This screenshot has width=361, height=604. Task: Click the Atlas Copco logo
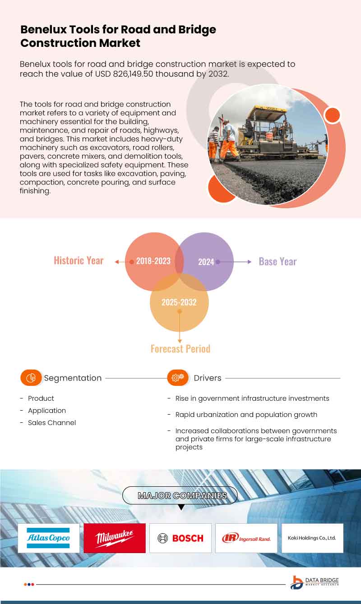click(48, 538)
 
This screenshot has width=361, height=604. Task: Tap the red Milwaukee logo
click(115, 538)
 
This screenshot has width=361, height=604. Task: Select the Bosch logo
click(180, 538)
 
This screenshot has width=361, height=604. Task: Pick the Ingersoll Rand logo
click(246, 538)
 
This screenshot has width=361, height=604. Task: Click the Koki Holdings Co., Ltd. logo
click(312, 538)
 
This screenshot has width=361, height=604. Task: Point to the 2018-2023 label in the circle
click(153, 261)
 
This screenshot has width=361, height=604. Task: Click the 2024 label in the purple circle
click(206, 262)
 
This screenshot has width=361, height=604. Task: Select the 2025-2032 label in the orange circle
click(179, 302)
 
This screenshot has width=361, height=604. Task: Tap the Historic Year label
click(79, 261)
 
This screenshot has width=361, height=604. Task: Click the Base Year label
click(278, 261)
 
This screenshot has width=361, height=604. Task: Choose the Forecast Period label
click(180, 348)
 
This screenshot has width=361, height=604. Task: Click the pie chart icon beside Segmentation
click(31, 378)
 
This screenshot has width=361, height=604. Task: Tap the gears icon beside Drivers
click(178, 378)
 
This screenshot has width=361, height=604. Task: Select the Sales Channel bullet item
click(51, 423)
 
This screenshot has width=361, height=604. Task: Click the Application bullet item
click(46, 411)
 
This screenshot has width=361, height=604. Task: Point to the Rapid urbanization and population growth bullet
click(246, 415)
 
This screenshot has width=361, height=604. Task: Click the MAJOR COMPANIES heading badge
click(180, 495)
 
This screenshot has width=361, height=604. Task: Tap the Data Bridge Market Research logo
click(315, 582)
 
